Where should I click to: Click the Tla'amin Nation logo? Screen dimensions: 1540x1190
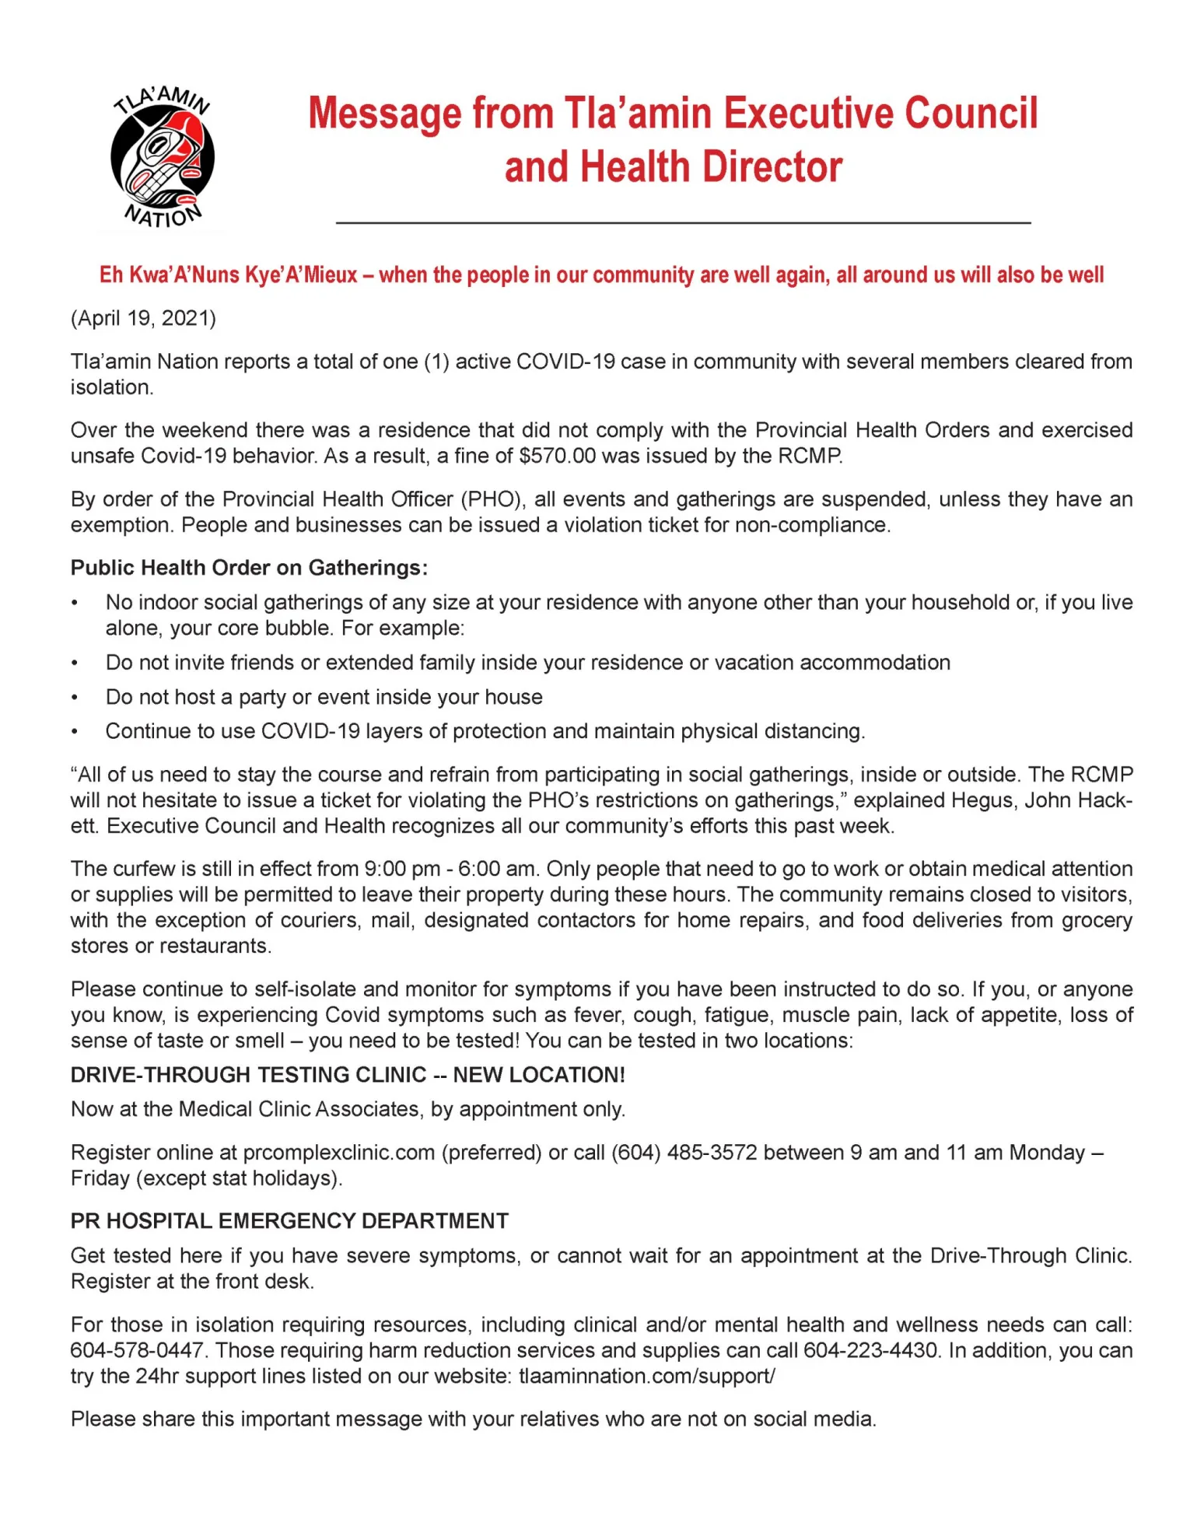click(163, 158)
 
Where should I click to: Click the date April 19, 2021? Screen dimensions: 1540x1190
click(143, 318)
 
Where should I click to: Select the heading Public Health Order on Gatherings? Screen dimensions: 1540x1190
click(249, 568)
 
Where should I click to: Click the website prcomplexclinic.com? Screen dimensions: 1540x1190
click(338, 1152)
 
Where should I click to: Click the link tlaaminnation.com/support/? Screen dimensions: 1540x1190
click(646, 1376)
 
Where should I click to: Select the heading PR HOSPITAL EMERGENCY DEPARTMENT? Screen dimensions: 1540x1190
click(289, 1221)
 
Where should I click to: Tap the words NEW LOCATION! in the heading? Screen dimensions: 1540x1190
click(539, 1075)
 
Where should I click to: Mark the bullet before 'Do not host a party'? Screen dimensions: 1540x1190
click(75, 698)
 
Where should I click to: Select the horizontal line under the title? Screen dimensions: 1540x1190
click(683, 223)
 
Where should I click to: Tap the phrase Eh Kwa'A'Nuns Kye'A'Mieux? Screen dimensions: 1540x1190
click(228, 275)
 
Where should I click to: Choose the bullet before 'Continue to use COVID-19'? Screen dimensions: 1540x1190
click(75, 732)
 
